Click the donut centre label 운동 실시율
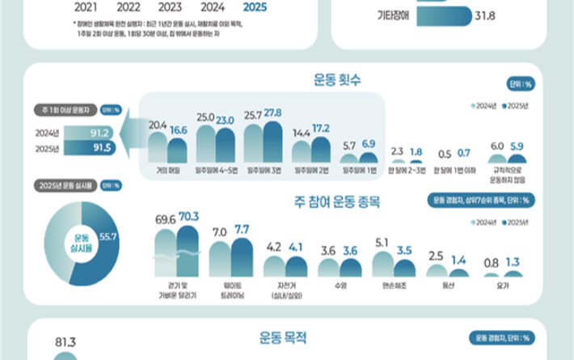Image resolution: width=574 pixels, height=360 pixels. click(79, 240)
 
